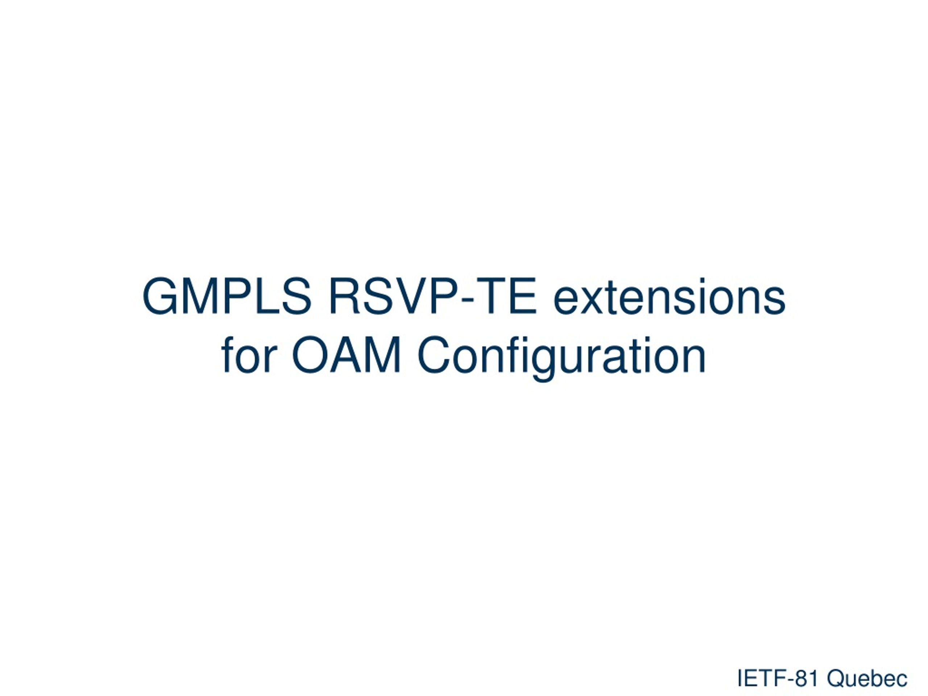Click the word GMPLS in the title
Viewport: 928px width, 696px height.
[x=227, y=296]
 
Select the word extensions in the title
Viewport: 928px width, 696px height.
[x=669, y=297]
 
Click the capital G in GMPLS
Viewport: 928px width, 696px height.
[x=160, y=296]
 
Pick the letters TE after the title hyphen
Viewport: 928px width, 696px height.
[x=506, y=296]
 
